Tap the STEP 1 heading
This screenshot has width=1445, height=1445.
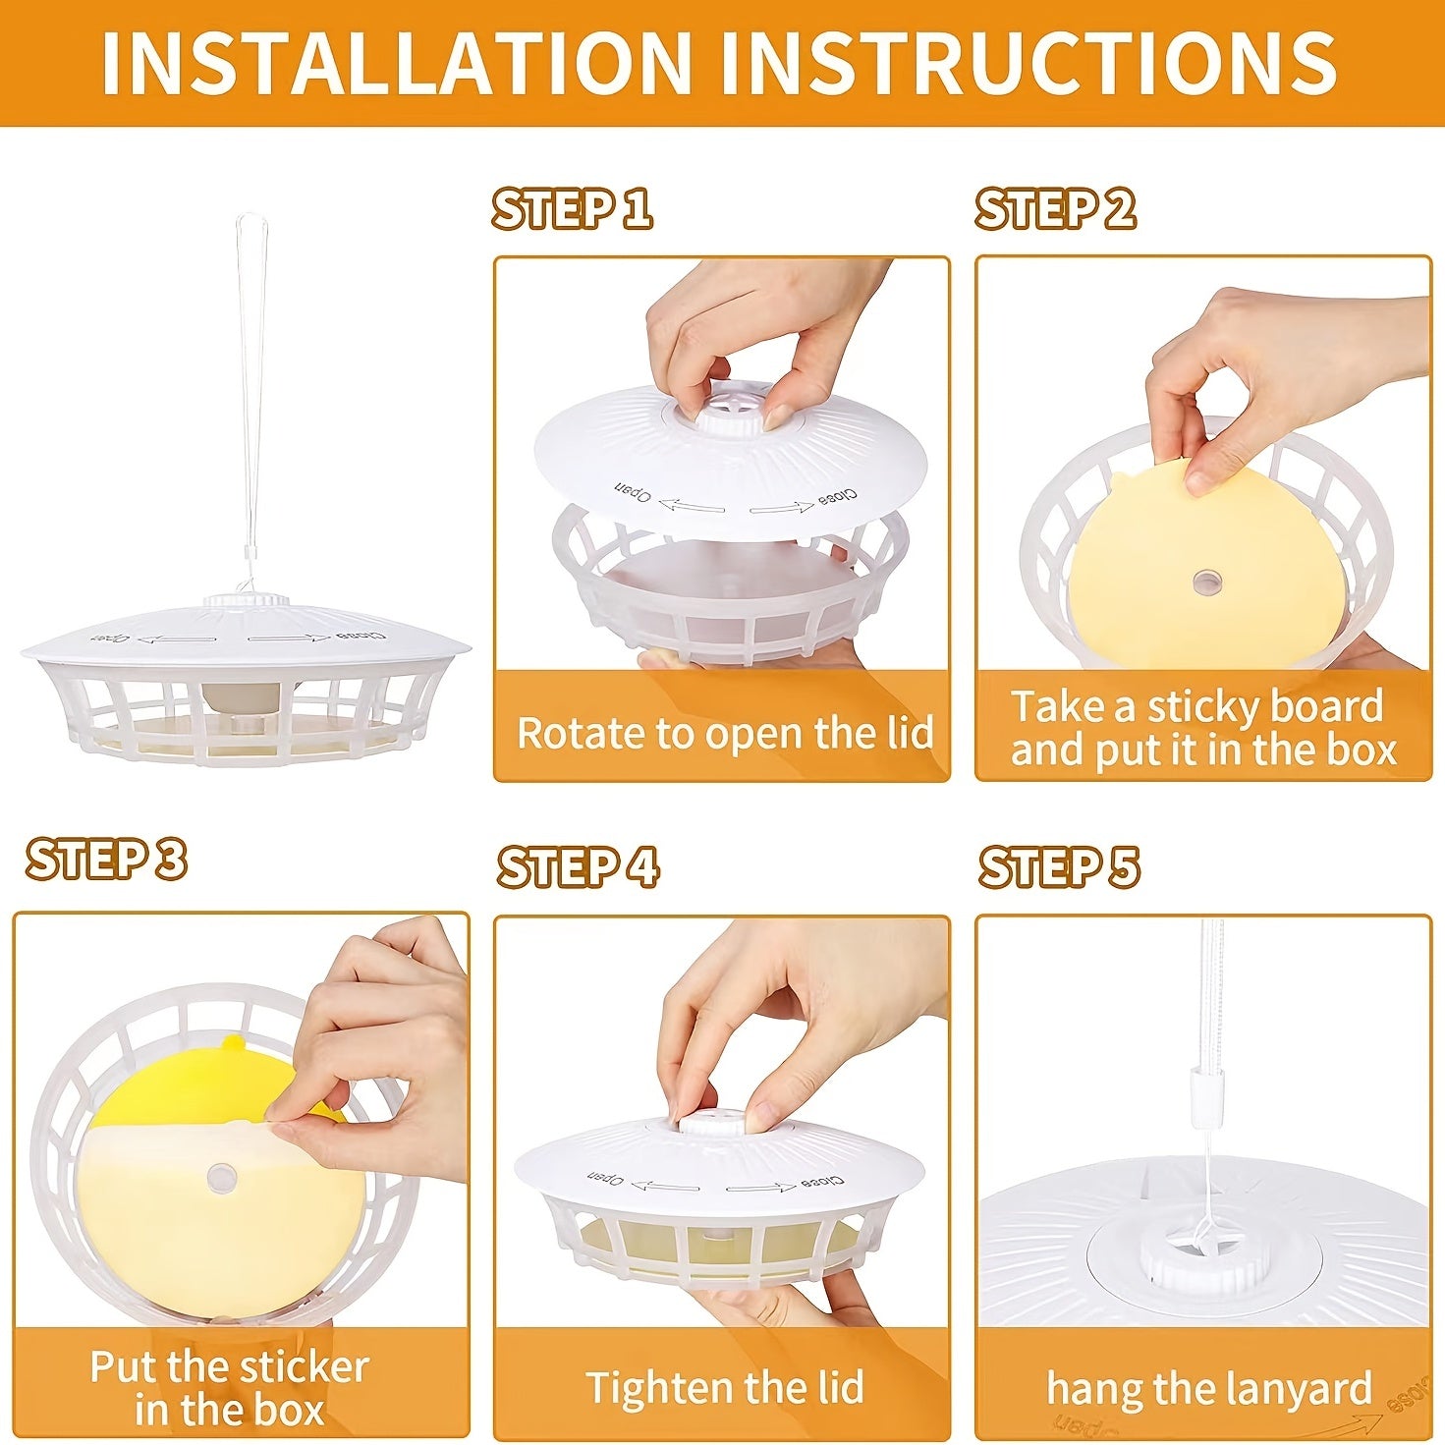572,209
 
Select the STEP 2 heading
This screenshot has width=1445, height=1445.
1055,208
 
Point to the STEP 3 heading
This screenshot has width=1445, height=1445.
106,860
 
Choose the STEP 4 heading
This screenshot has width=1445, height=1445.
578,867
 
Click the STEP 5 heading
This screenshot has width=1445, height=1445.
1059,867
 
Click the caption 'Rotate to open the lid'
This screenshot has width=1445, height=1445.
724,733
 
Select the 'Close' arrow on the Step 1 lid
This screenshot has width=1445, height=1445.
782,508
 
